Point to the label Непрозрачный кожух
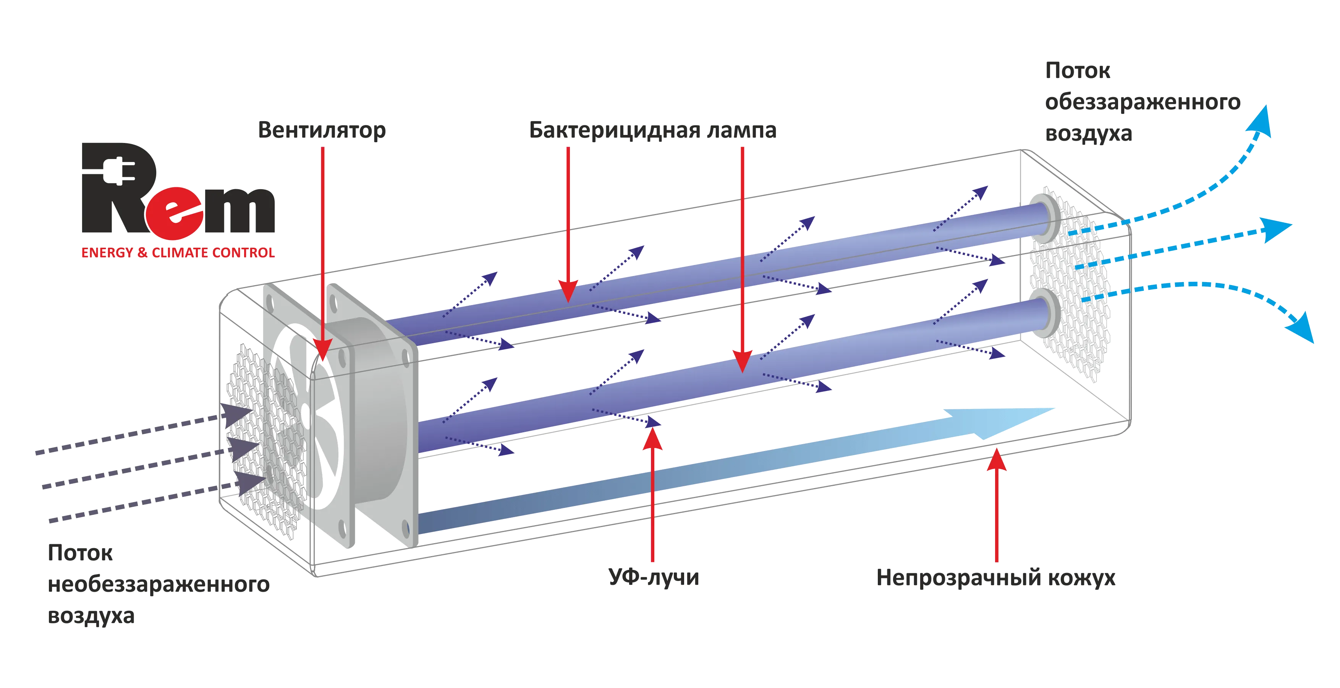[x=996, y=578]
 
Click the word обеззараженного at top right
[x=1143, y=102]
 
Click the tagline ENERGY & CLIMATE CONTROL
[x=177, y=253]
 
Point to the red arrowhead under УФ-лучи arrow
[x=653, y=442]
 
